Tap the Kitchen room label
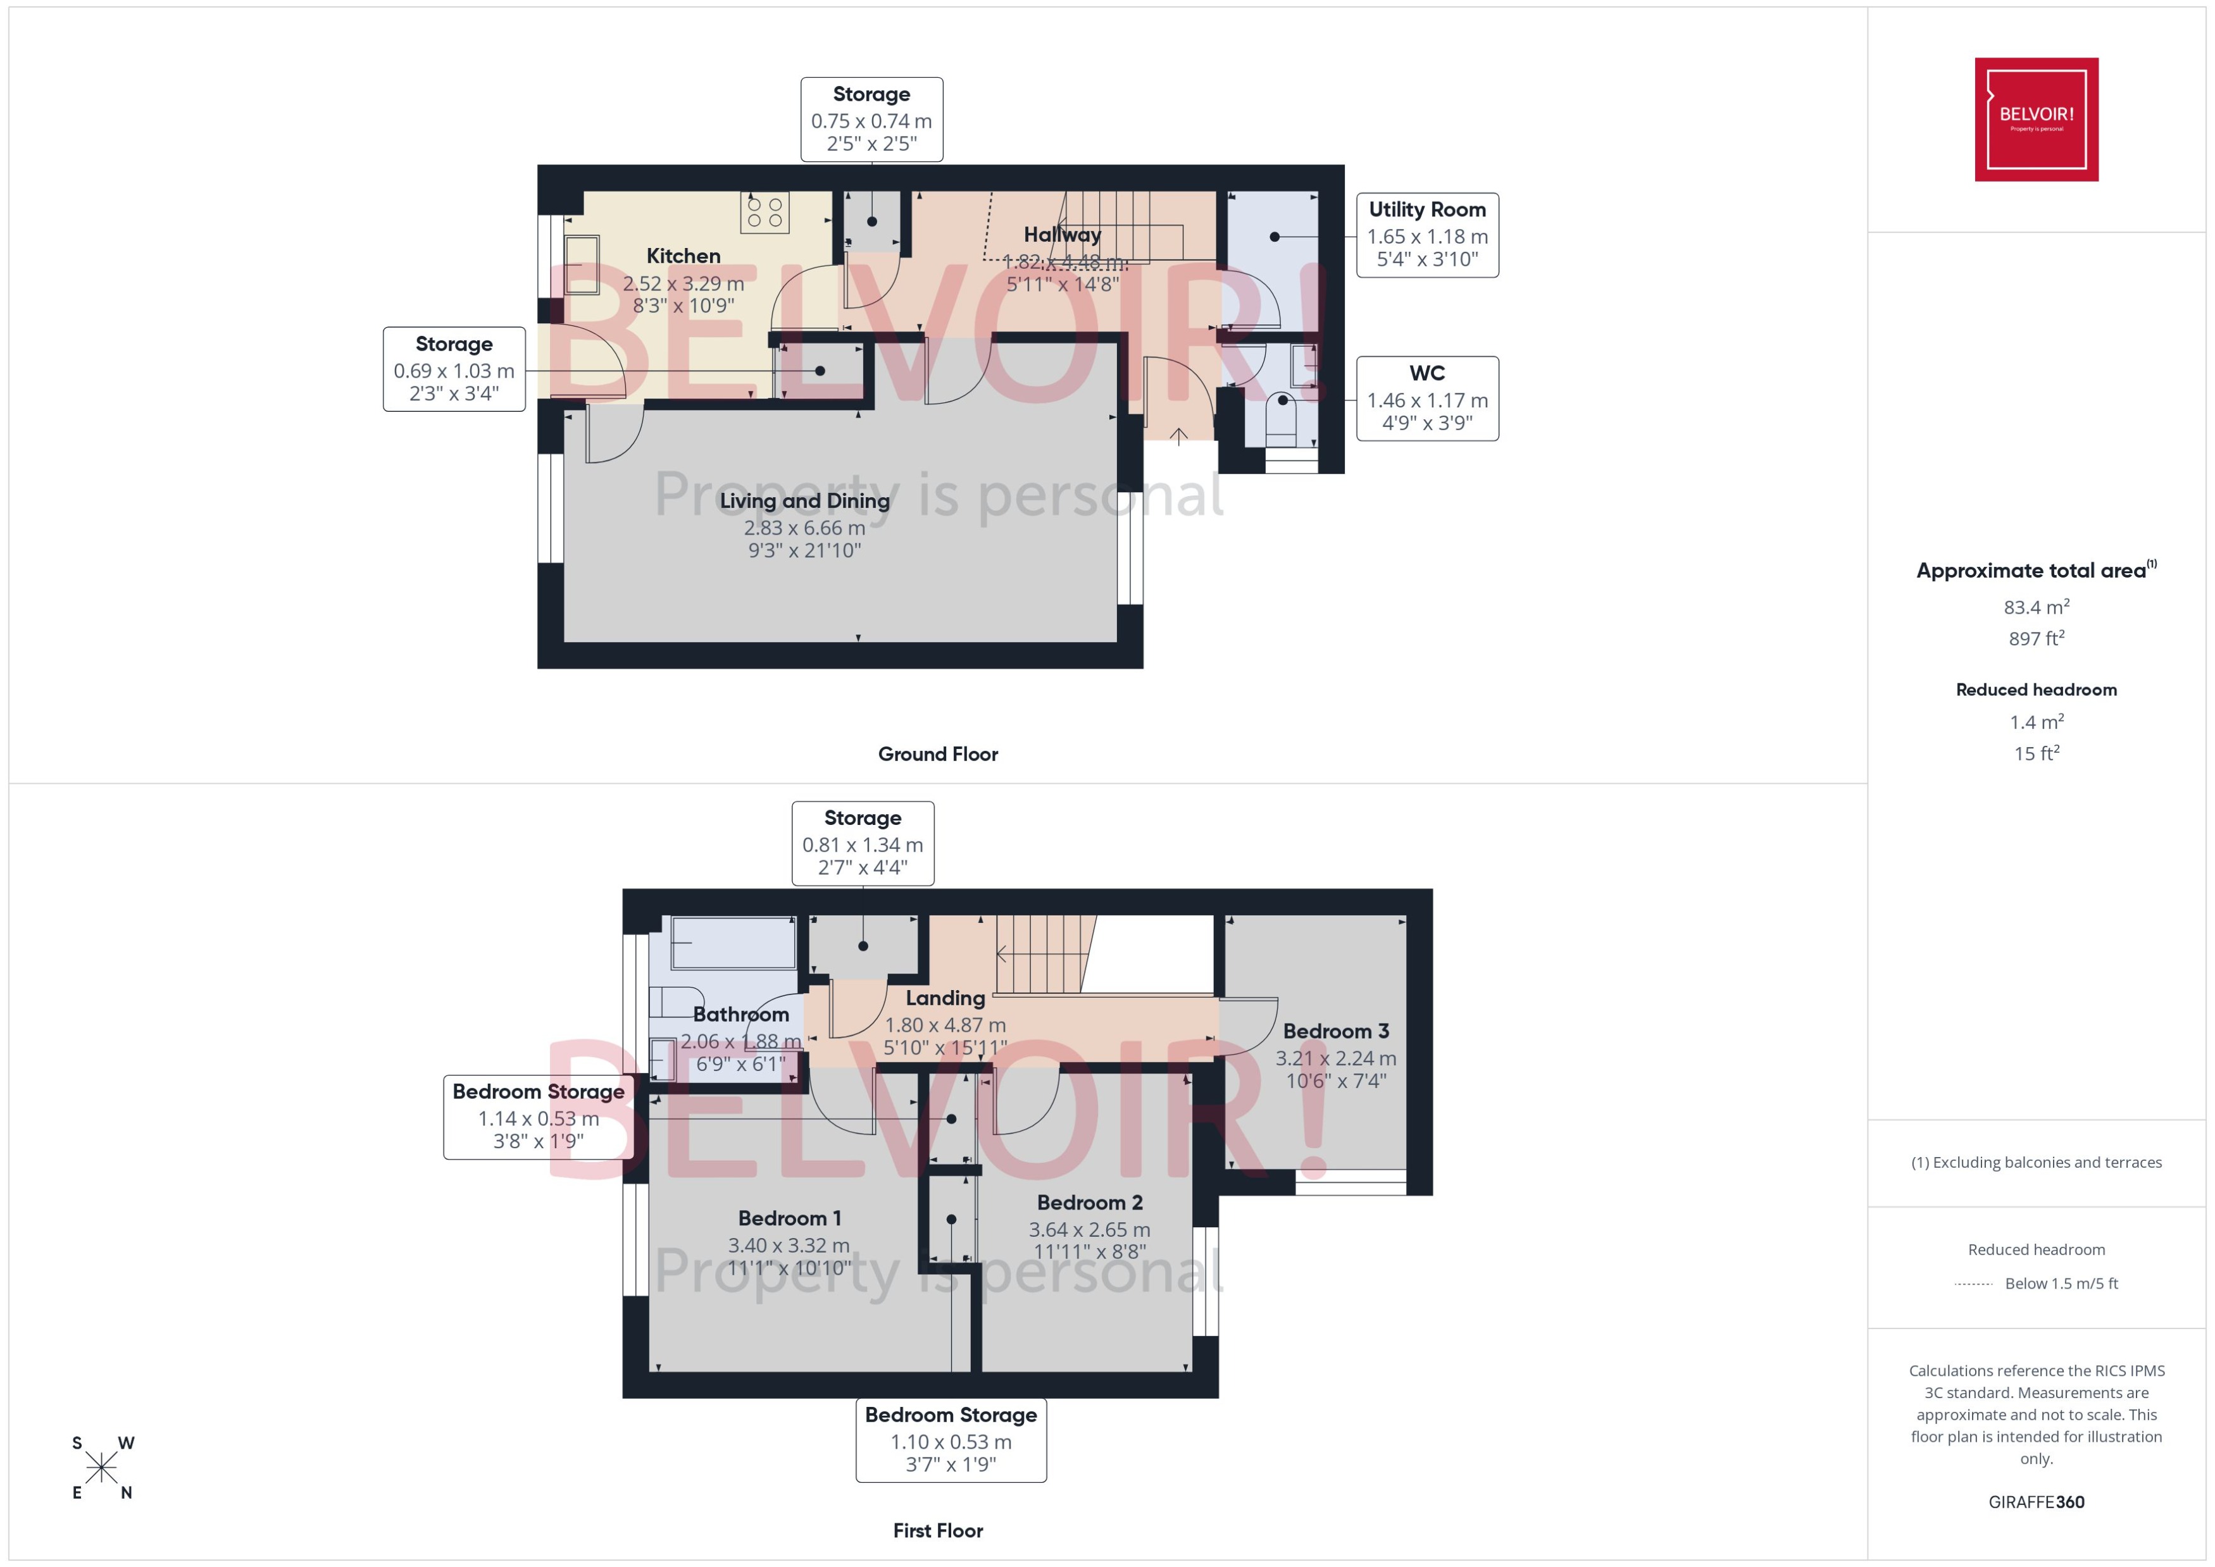pyautogui.click(x=683, y=256)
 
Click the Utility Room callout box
pyautogui.click(x=1426, y=235)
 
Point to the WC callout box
pyautogui.click(x=1426, y=399)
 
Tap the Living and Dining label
pyautogui.click(x=804, y=501)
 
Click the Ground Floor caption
pyautogui.click(x=937, y=753)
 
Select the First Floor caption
pyautogui.click(x=937, y=1530)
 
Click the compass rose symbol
pyautogui.click(x=101, y=1468)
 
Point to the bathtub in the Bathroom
pyautogui.click(x=733, y=943)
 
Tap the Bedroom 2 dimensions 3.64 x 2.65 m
pyautogui.click(x=1089, y=1229)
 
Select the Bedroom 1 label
pyautogui.click(x=789, y=1218)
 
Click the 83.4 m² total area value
pyautogui.click(x=2035, y=607)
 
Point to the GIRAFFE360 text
pyautogui.click(x=2035, y=1501)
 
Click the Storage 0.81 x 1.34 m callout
pyautogui.click(x=862, y=843)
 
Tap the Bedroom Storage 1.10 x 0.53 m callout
pyautogui.click(x=951, y=1440)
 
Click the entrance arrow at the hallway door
pyautogui.click(x=1178, y=436)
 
